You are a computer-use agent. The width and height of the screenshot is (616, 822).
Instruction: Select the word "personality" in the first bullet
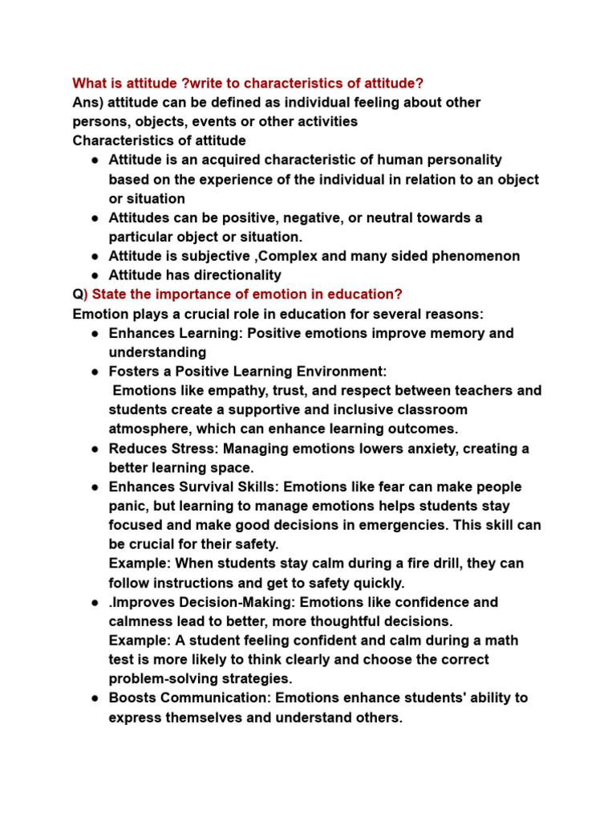(x=466, y=160)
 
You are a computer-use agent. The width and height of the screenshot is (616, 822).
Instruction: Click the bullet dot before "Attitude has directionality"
(x=95, y=275)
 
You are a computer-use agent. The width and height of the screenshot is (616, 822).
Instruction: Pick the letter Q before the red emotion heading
(x=77, y=295)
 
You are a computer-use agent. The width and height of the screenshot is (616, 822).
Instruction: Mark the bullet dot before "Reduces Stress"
(x=95, y=449)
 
